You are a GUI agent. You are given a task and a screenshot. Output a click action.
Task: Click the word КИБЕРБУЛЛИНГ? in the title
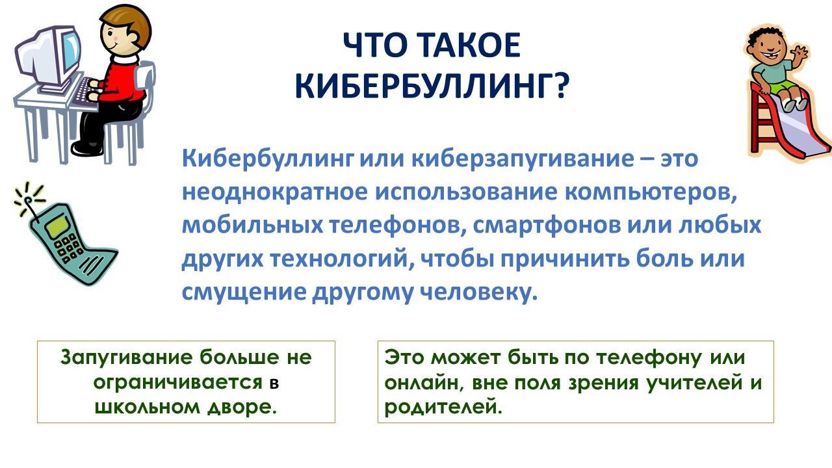pyautogui.click(x=432, y=86)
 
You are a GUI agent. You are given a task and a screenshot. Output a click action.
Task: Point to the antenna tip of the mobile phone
pyautogui.click(x=27, y=201)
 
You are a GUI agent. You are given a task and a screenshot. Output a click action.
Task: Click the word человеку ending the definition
pyautogui.click(x=479, y=292)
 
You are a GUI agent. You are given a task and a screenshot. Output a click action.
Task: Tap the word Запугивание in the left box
pyautogui.click(x=126, y=358)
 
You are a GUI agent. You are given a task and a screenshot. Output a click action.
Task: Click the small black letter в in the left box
pyautogui.click(x=274, y=383)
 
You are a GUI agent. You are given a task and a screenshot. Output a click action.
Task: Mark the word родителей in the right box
pyautogui.click(x=443, y=408)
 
